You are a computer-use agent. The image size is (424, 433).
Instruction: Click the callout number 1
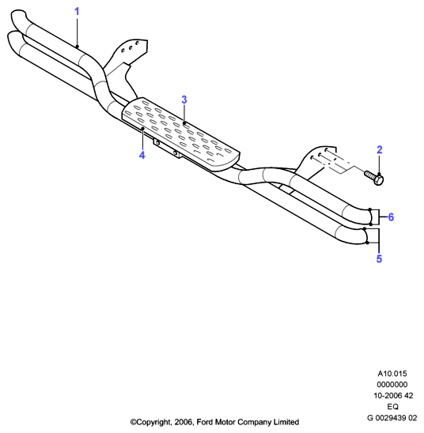pos(77,12)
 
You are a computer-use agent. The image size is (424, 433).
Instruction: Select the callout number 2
pos(380,149)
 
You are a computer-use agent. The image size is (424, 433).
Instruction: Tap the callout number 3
pos(184,100)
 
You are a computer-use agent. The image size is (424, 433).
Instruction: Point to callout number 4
pos(142,155)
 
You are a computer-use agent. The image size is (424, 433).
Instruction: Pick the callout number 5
pos(379,258)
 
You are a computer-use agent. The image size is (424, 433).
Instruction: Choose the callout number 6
pos(391,217)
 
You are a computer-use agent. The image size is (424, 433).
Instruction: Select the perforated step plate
pos(181,134)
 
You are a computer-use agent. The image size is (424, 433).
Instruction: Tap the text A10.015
pos(392,374)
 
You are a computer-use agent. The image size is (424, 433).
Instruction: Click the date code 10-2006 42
pos(393,395)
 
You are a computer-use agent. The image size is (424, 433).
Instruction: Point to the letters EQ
pos(392,406)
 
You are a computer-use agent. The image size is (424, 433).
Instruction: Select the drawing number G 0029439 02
pos(392,418)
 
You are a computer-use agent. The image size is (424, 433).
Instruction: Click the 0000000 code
pos(392,384)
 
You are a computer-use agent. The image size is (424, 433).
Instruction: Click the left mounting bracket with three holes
pos(126,63)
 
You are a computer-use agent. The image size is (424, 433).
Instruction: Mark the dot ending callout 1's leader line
pos(78,47)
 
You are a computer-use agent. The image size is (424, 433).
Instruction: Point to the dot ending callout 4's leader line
pos(142,129)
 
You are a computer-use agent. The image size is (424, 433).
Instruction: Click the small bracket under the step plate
pos(167,149)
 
